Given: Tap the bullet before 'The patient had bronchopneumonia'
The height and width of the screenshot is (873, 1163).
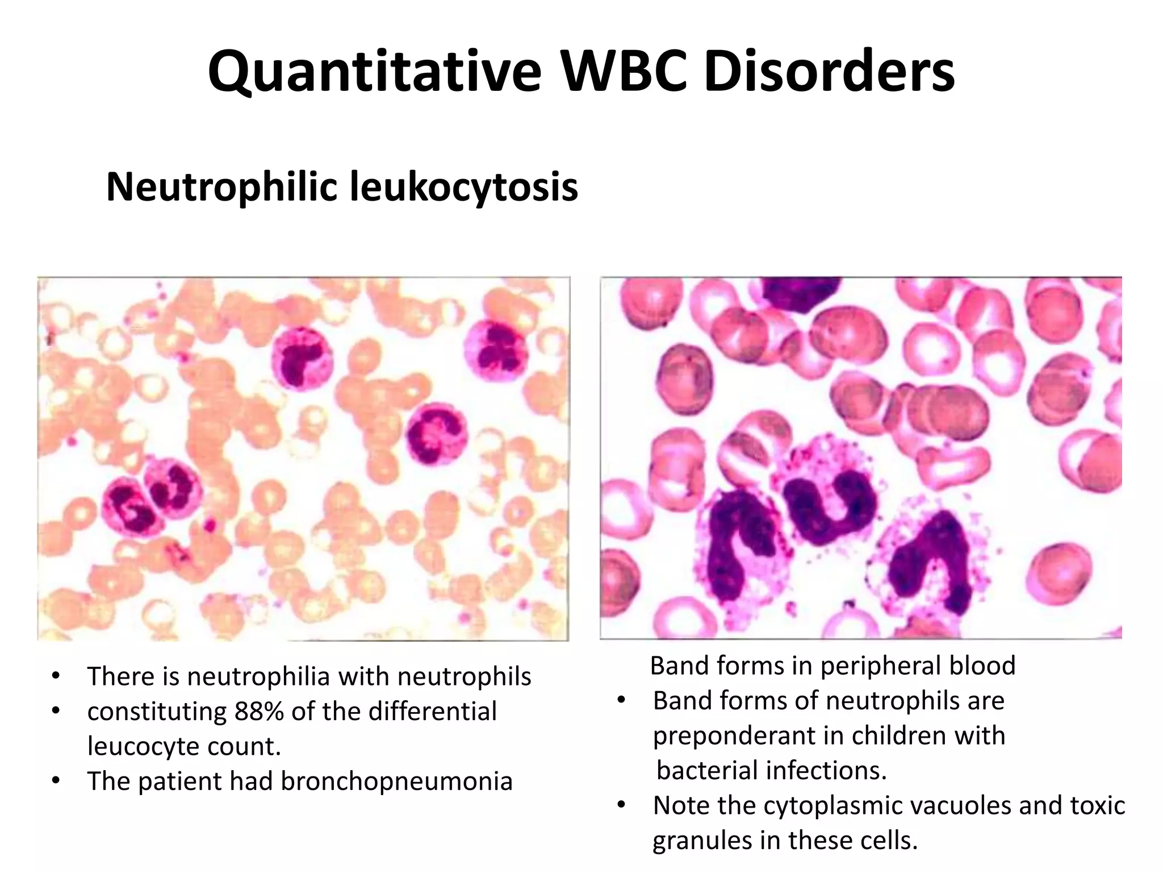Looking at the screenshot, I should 55,781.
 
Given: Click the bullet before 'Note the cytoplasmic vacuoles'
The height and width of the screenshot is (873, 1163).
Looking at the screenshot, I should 621,805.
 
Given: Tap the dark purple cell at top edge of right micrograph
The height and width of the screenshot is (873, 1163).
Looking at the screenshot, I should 801,293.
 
